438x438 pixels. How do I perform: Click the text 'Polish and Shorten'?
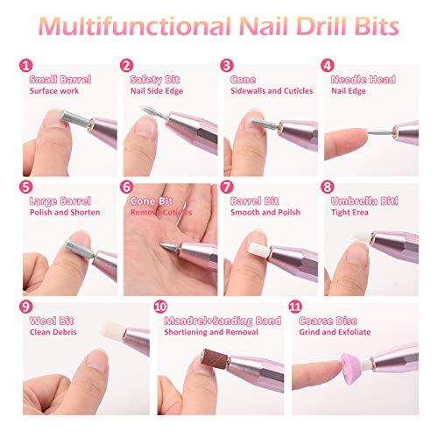(64, 212)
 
